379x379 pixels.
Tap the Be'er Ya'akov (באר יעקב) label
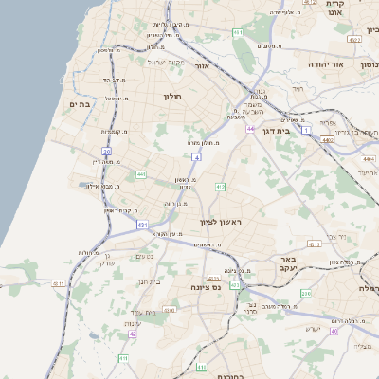point(284,263)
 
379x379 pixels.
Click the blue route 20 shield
point(107,151)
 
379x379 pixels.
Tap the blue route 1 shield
point(306,130)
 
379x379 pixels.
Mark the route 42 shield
point(133,334)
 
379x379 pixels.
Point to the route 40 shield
point(334,331)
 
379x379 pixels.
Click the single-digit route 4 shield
point(196,155)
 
